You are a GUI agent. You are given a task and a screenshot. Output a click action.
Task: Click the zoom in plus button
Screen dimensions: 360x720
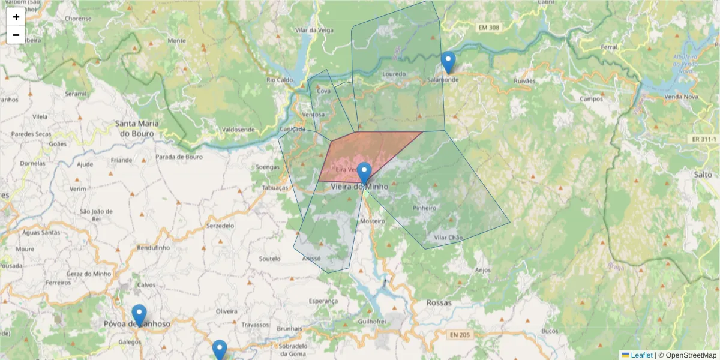coord(16,17)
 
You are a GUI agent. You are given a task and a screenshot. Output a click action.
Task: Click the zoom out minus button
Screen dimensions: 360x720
coord(16,35)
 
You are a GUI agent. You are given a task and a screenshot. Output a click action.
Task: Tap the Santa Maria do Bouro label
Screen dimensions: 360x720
coord(138,128)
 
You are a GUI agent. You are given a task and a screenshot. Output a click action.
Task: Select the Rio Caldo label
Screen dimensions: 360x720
coord(280,80)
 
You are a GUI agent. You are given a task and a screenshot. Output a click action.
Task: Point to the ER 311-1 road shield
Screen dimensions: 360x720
coord(701,139)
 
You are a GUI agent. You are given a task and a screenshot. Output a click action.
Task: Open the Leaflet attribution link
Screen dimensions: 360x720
coord(641,355)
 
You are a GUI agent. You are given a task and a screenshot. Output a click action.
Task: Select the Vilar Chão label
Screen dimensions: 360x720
coord(448,238)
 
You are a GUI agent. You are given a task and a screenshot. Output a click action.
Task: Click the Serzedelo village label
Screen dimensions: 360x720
coord(220,226)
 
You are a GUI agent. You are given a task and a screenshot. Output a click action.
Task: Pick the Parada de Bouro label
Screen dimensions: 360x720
coord(179,157)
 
